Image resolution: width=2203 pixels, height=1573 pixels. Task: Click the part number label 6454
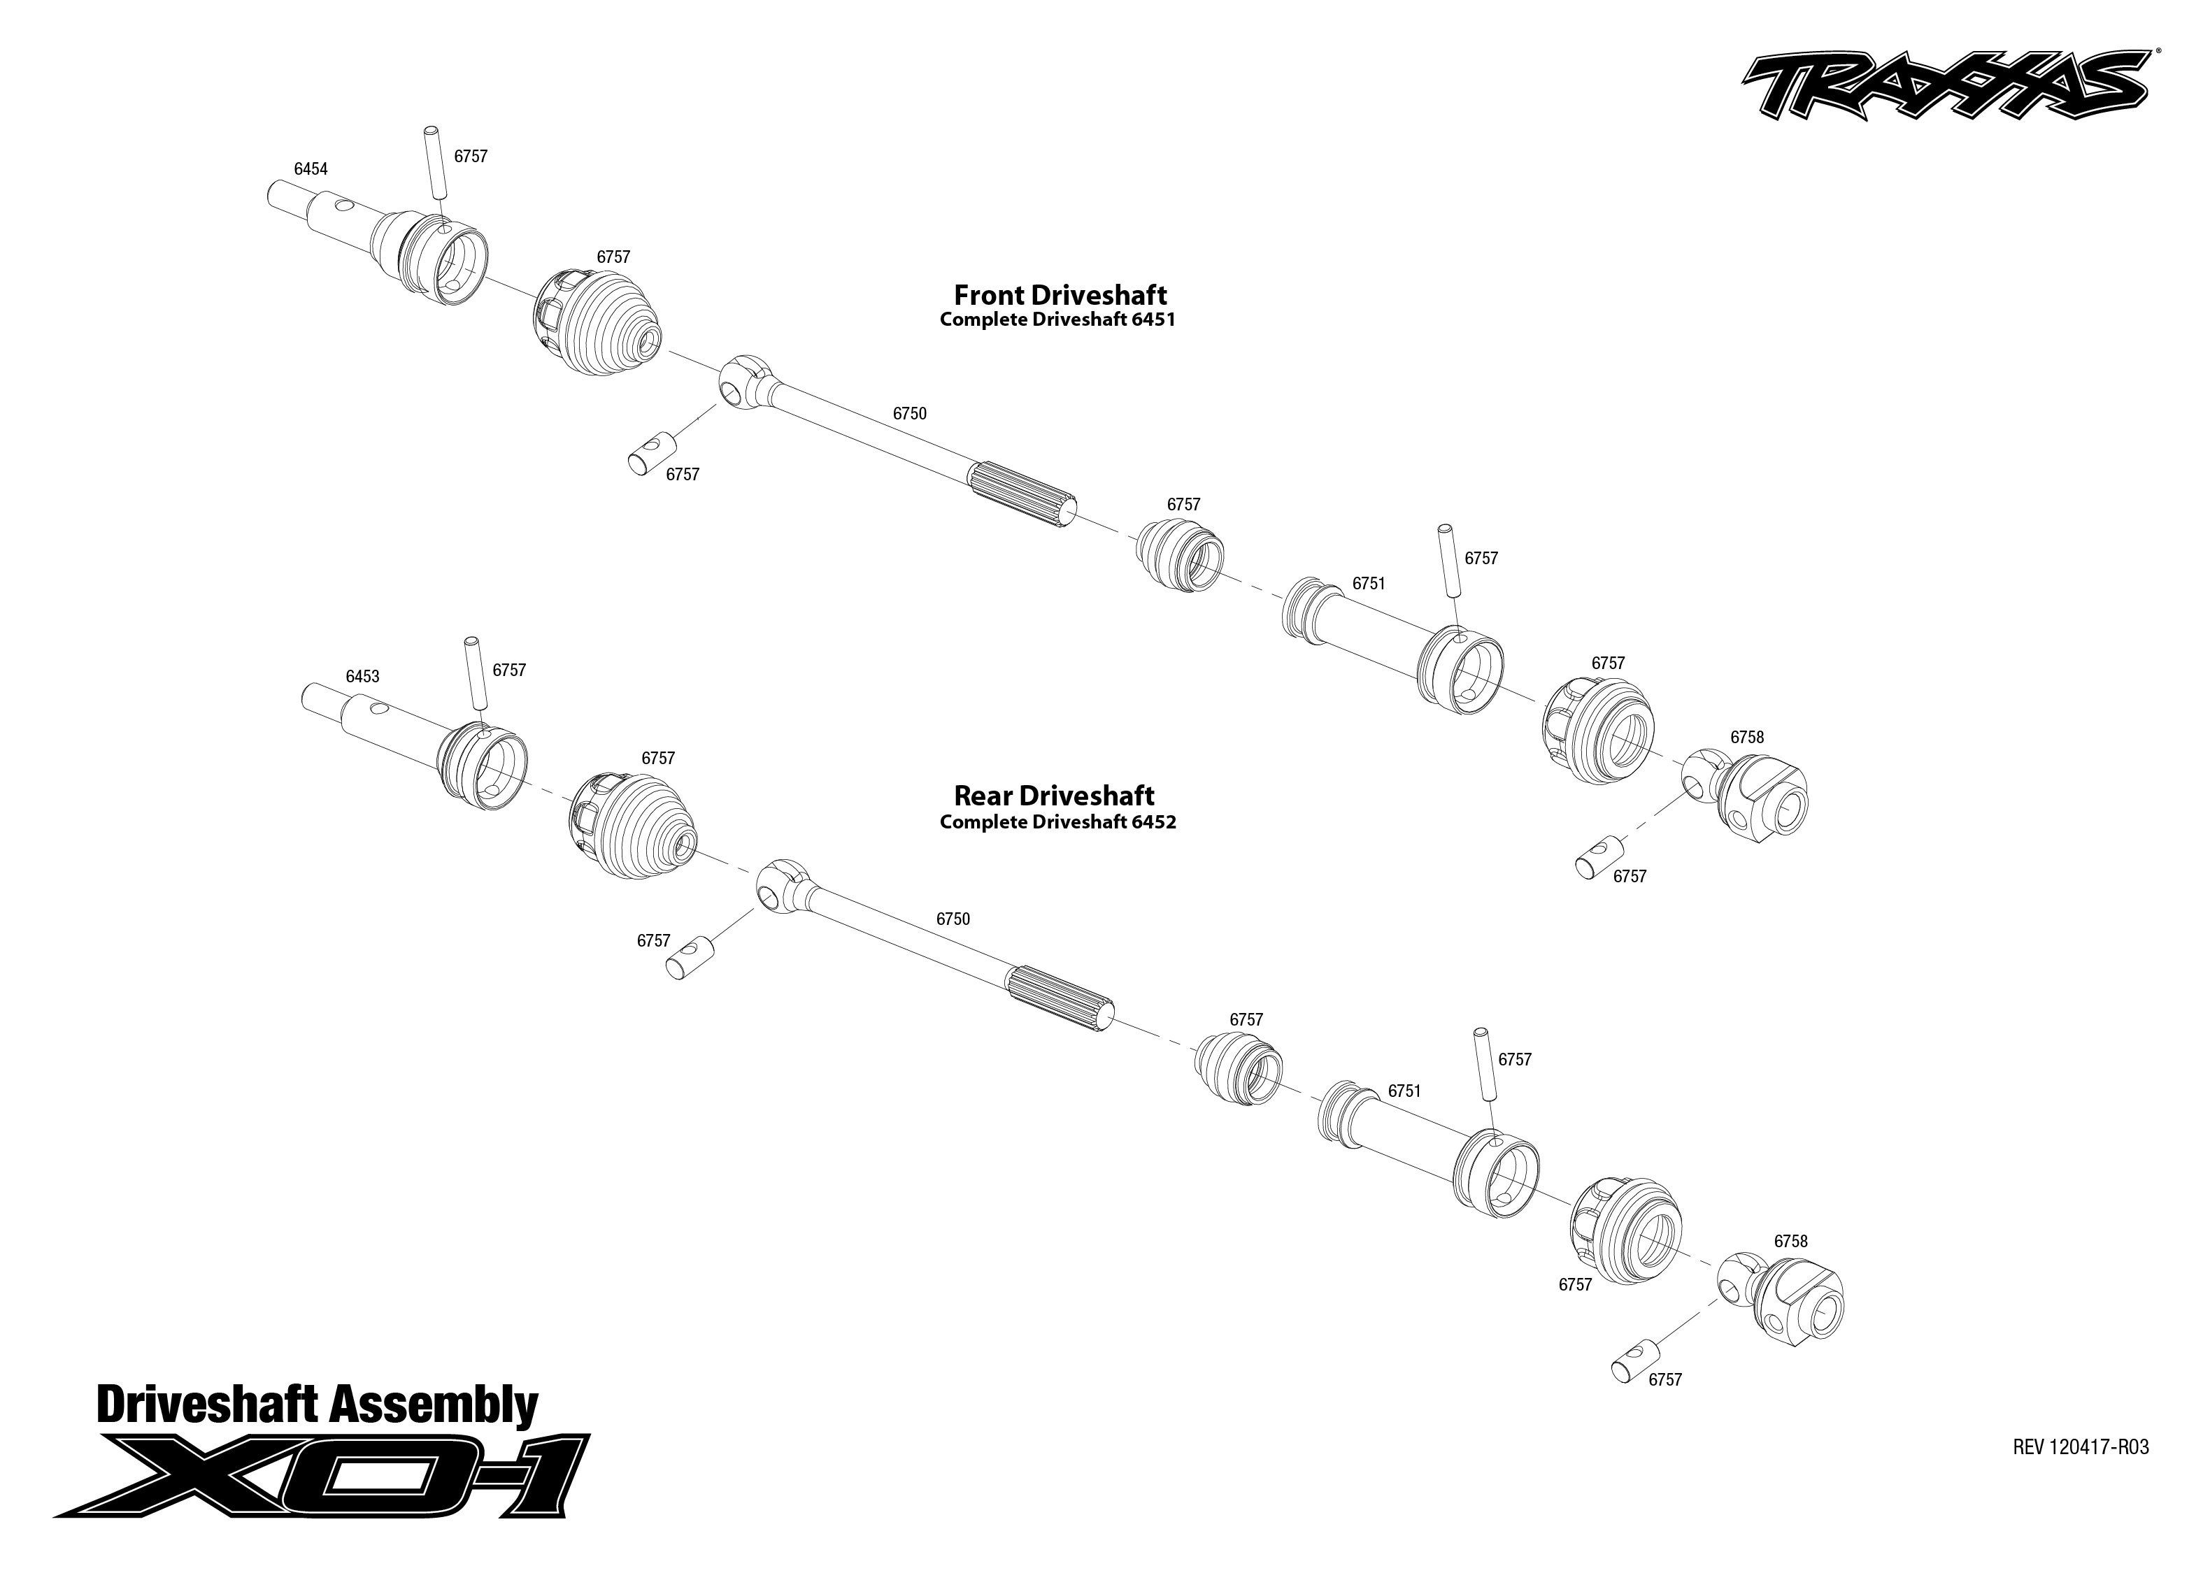click(x=311, y=168)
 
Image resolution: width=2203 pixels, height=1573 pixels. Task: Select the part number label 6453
click(x=362, y=676)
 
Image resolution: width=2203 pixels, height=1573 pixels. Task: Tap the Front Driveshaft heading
click(x=1060, y=294)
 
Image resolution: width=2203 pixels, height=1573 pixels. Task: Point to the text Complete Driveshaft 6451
click(x=1057, y=319)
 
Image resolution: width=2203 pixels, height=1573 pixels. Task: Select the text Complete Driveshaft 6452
click(x=1057, y=821)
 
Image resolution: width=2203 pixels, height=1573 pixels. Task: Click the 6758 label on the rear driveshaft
click(x=1790, y=1241)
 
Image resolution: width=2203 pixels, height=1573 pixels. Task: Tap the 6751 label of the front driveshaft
click(x=1368, y=583)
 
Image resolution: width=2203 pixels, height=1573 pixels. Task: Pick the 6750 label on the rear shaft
click(x=953, y=918)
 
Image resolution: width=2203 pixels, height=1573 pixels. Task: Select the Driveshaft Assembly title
click(x=317, y=1405)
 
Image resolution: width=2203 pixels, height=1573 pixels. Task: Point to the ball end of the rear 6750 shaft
click(x=780, y=884)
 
